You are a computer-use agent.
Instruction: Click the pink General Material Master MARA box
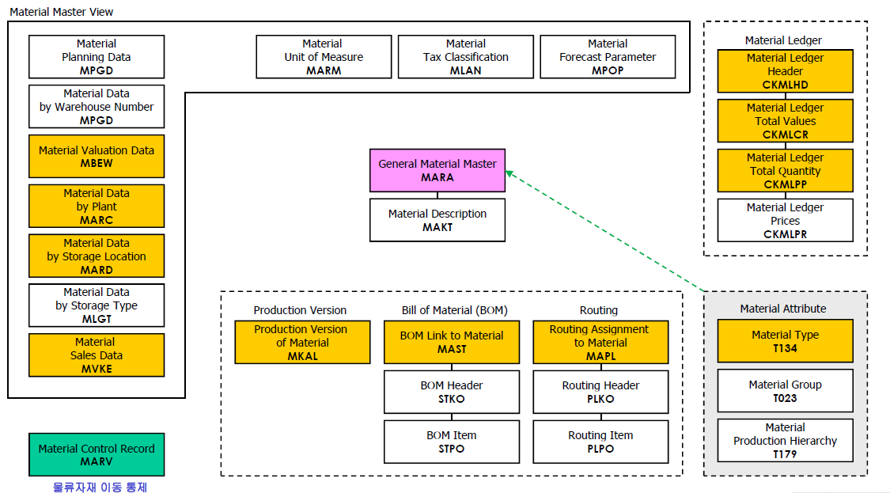click(x=437, y=171)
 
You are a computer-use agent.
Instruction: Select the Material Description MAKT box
click(x=437, y=221)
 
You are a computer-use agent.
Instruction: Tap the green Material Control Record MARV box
click(x=97, y=454)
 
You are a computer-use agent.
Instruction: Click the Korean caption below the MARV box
click(x=100, y=487)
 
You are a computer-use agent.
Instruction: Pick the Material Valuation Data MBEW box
click(x=97, y=157)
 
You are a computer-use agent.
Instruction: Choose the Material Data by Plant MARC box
click(x=97, y=206)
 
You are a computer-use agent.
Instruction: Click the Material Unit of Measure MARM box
click(x=324, y=57)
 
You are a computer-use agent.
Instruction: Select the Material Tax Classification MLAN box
click(x=465, y=57)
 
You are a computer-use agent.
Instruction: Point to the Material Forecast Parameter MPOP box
click(x=608, y=57)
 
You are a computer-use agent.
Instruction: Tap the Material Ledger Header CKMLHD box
click(x=785, y=71)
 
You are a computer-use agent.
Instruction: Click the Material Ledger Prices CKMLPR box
click(x=785, y=221)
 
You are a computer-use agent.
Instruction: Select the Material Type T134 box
click(x=785, y=341)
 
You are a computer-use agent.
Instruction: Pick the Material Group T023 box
click(x=785, y=391)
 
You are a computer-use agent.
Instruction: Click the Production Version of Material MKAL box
click(x=301, y=343)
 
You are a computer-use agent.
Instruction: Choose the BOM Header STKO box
click(x=452, y=392)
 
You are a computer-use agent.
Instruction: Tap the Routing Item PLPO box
click(x=600, y=442)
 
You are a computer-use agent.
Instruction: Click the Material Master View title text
click(x=62, y=12)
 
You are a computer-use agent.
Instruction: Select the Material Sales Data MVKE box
click(x=97, y=355)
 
